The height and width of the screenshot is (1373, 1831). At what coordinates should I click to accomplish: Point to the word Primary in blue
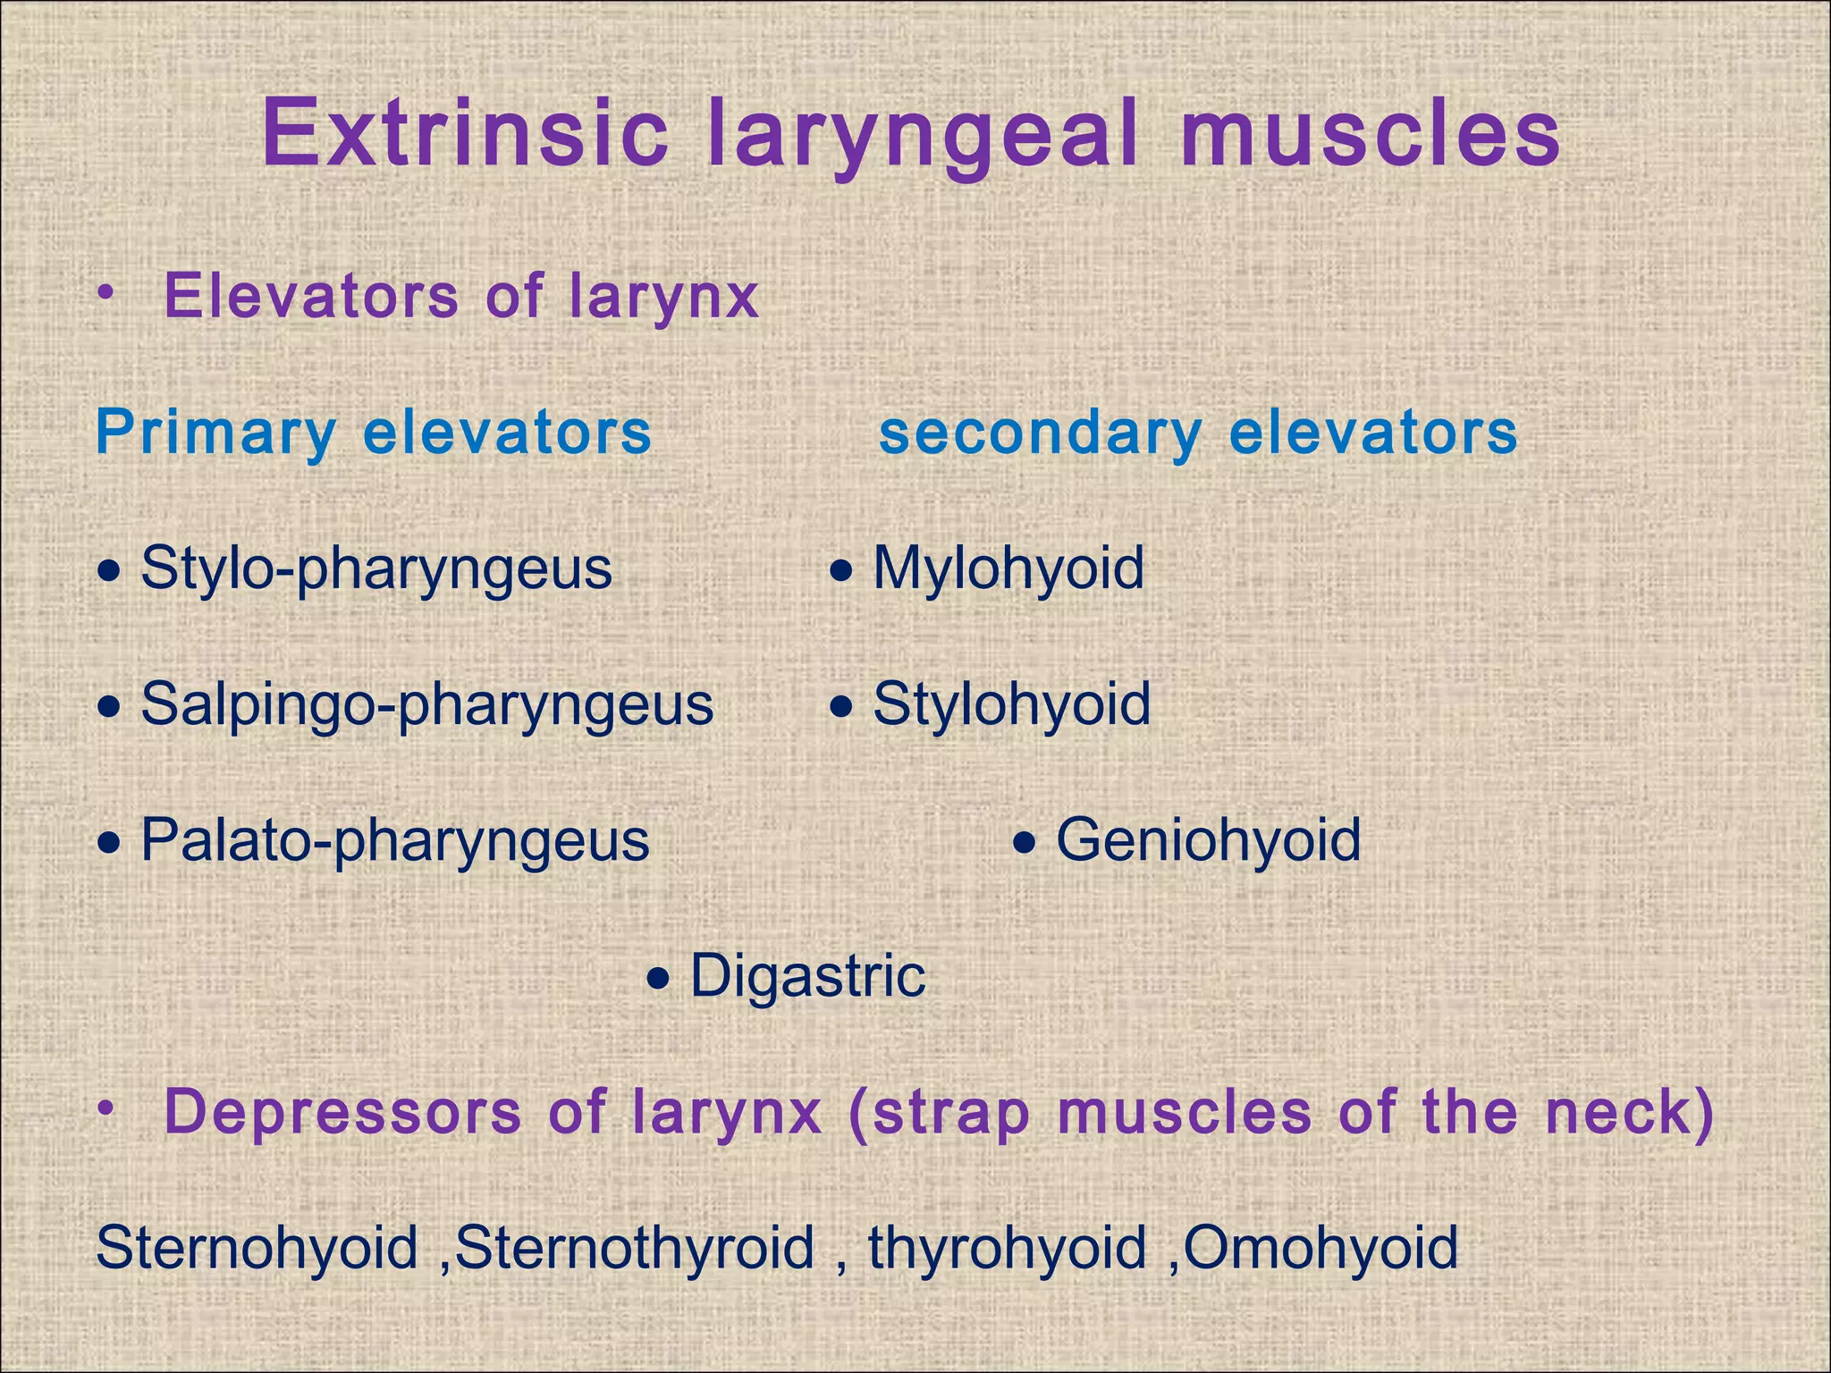[x=215, y=434]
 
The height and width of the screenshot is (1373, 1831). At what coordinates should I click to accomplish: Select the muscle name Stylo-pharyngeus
[x=376, y=569]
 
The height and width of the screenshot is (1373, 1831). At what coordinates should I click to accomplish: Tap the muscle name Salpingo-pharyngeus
[x=427, y=705]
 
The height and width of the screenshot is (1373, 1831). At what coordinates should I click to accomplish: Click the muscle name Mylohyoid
[x=1008, y=569]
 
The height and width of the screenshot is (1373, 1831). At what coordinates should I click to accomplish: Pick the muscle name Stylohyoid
[x=1012, y=704]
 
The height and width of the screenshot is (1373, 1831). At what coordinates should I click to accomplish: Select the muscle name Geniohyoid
[x=1209, y=841]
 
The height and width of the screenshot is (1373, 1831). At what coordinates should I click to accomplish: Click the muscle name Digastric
[x=808, y=977]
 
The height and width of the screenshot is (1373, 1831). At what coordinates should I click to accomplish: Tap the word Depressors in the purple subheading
[x=342, y=1113]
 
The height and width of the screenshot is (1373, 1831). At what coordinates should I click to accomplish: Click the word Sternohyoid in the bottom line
[x=257, y=1249]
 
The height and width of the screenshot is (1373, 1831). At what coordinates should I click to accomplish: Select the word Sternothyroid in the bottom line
[x=635, y=1249]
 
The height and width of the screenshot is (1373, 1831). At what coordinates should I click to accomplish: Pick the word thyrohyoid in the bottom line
[x=1008, y=1249]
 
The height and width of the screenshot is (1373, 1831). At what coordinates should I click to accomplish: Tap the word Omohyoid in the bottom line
[x=1321, y=1249]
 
